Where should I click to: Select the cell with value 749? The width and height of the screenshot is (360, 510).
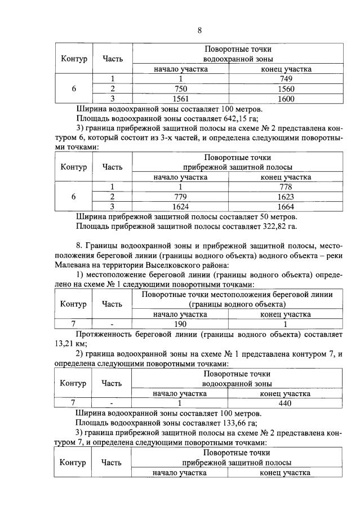(x=286, y=79)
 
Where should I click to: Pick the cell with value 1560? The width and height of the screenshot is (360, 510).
(x=286, y=89)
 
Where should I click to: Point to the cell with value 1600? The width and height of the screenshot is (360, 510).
(x=286, y=99)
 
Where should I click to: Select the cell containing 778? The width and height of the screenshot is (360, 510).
(x=286, y=187)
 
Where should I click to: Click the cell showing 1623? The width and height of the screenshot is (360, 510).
(x=286, y=197)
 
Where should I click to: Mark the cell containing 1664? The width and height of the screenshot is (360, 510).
(x=286, y=206)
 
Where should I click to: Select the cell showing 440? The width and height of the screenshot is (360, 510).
(x=286, y=403)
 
